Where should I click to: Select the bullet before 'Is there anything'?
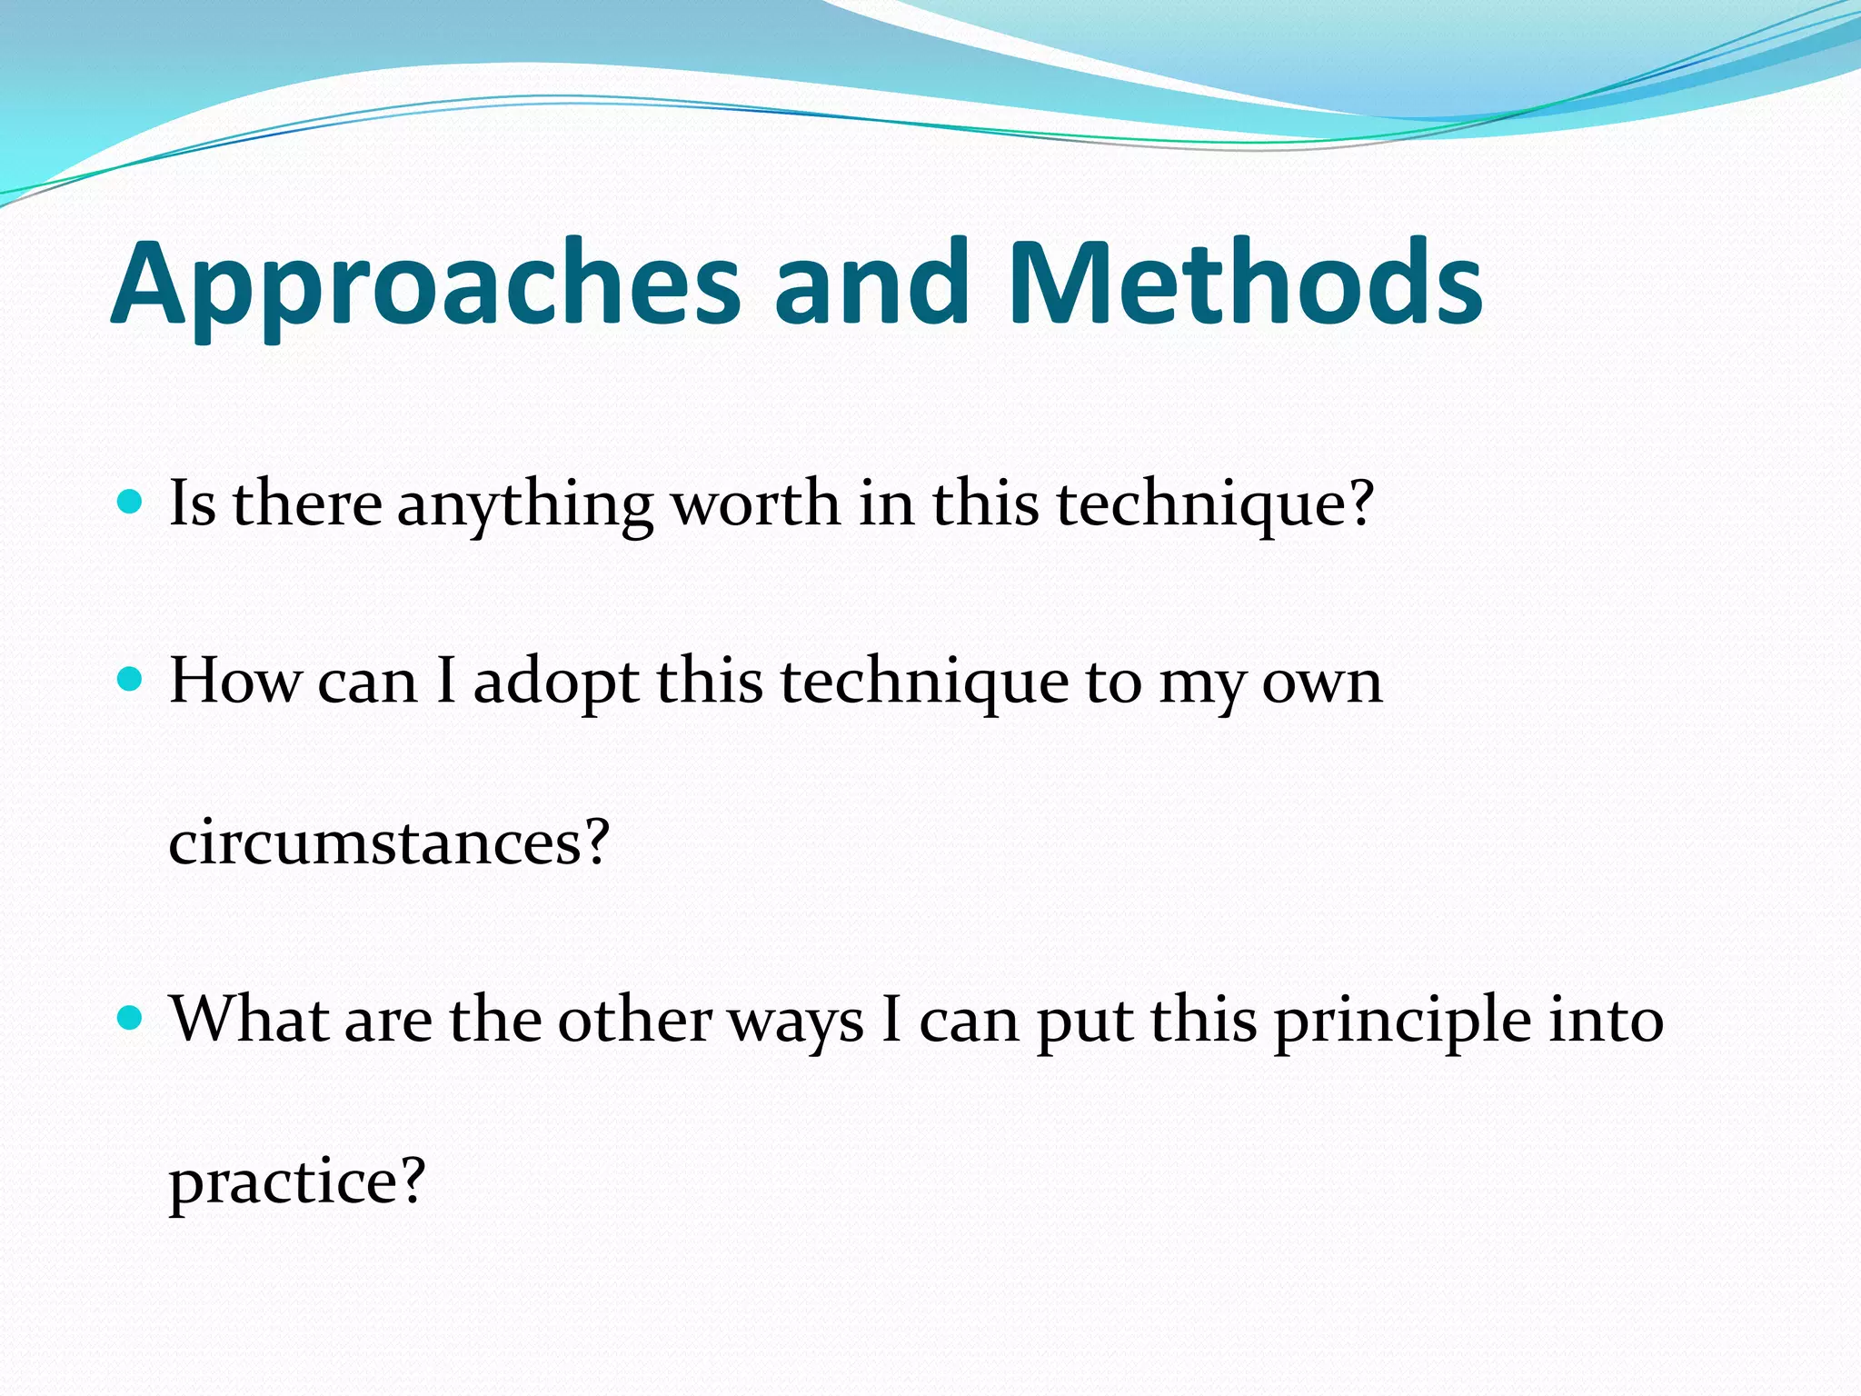point(131,502)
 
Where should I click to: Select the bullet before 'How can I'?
point(131,679)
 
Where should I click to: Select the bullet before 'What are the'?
point(131,1018)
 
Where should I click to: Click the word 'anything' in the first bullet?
point(524,505)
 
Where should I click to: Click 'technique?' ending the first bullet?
point(1215,505)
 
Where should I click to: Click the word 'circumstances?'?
point(388,842)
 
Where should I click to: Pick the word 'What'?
point(249,1019)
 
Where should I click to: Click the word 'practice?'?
point(297,1182)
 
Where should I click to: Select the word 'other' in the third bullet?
point(634,1019)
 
